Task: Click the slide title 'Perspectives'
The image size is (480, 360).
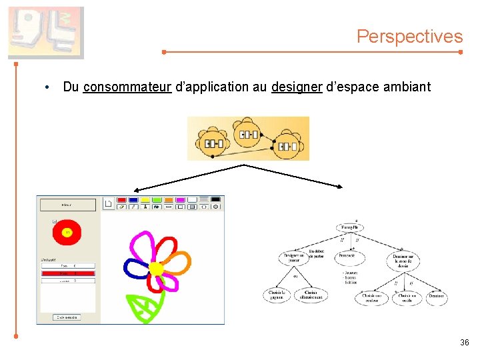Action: click(x=409, y=36)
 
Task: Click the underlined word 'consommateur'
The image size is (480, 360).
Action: click(x=127, y=87)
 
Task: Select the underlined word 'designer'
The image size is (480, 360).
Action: click(x=297, y=87)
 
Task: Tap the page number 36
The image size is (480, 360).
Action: click(x=464, y=343)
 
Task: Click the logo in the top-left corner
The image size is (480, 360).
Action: click(x=45, y=32)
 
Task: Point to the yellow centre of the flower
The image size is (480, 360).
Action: click(x=156, y=268)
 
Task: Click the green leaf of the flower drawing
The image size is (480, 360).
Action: click(x=145, y=306)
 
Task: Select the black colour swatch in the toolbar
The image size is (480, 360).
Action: click(x=215, y=199)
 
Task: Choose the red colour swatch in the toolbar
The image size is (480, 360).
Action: click(x=122, y=199)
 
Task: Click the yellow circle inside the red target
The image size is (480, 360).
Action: click(x=67, y=232)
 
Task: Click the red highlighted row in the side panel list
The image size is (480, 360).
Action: click(x=67, y=273)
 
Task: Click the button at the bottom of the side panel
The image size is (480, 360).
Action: click(x=67, y=317)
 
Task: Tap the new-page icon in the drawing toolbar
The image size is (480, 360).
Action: click(x=109, y=203)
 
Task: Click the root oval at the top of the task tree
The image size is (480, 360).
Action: click(x=349, y=227)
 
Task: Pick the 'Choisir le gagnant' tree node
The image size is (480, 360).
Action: click(x=277, y=294)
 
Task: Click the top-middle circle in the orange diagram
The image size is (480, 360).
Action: click(x=247, y=133)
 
